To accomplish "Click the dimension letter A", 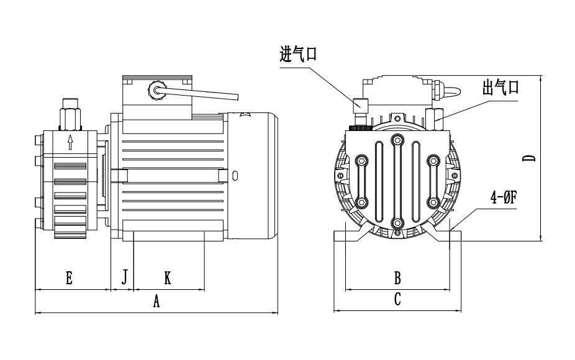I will point(156,301).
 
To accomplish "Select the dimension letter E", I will point(70,278).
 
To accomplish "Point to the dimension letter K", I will point(167,278).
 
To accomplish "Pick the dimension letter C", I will point(398,299).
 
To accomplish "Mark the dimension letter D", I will point(530,158).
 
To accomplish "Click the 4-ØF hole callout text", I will point(504,198).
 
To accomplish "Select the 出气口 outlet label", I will point(500,88).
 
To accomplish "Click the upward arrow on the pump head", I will point(70,143).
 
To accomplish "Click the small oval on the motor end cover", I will point(234,176).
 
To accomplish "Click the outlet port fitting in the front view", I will point(436,114).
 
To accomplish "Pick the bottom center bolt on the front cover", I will point(397,222).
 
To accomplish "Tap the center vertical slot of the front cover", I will point(397,180).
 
